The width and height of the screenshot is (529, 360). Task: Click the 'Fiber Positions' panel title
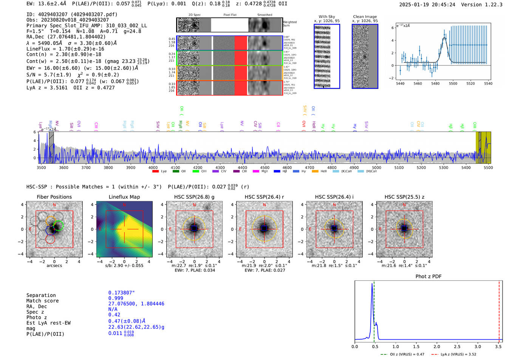coord(54,197)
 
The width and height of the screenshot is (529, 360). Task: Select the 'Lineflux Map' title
coord(124,197)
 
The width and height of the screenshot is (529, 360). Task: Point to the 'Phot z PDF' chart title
coord(428,276)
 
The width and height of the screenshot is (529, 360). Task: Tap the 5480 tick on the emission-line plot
coord(435,83)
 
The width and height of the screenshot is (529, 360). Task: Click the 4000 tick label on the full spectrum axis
coord(153,167)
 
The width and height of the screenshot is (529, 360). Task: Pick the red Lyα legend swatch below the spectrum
coord(155,172)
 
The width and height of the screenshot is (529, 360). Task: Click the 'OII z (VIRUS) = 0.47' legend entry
coord(405,354)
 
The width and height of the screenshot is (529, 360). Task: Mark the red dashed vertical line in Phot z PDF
coord(499,310)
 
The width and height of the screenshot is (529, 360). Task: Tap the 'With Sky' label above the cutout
coord(326,17)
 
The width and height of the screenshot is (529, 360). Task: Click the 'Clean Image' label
coord(365,17)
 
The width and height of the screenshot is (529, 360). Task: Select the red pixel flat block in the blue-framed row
coord(241,43)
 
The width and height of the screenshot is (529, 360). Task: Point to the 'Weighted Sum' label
coord(289,24)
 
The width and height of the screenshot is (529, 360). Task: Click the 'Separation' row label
coord(41,295)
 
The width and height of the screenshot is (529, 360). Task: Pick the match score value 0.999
coord(116,298)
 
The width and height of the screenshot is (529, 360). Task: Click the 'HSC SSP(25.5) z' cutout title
coord(404,197)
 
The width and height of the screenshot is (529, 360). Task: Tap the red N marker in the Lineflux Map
coord(124,205)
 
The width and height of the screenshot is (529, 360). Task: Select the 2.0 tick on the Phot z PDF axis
coord(436,346)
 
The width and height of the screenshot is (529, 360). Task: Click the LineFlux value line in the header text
coord(65,49)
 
